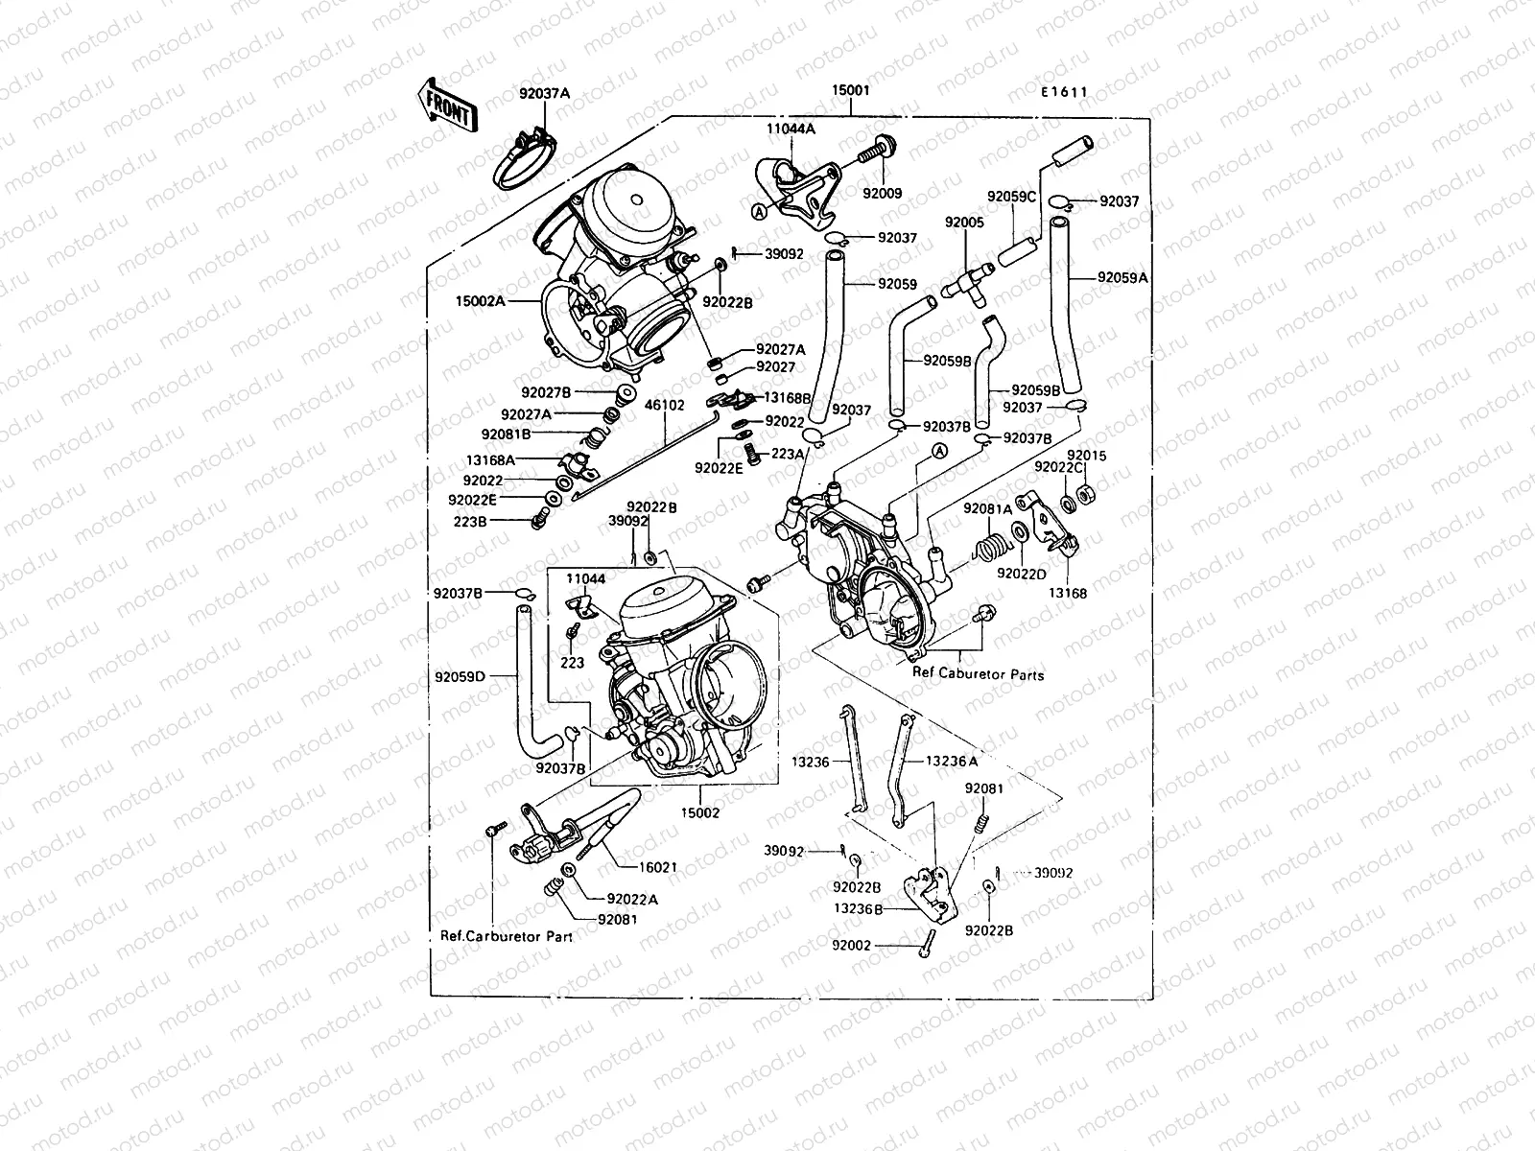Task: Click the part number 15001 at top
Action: pos(851,91)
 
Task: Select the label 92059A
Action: pos(1122,278)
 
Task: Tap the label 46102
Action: pos(664,406)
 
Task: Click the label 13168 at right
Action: pos(1067,594)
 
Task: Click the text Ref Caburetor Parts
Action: pos(978,674)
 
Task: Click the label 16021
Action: pos(658,867)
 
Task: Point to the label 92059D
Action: pos(460,676)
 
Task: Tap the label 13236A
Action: pos(952,761)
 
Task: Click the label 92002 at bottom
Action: pos(852,945)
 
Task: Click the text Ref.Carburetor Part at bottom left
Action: pos(506,935)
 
